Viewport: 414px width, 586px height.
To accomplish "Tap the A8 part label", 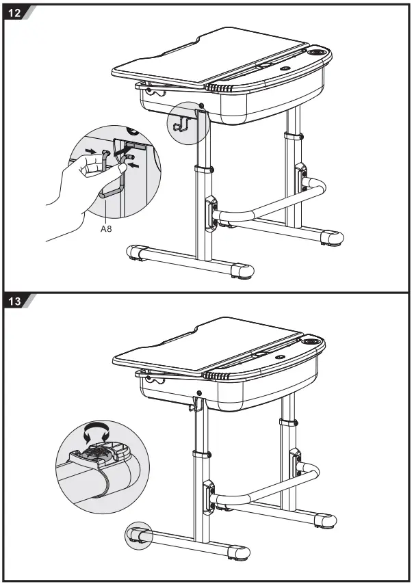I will [106, 230].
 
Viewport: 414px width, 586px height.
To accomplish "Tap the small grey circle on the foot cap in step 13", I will [138, 536].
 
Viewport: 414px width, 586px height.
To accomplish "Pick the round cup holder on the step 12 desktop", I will [317, 52].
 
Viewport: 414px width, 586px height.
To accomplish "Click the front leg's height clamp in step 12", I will [203, 169].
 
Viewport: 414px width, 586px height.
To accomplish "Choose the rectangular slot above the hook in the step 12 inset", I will [136, 146].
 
